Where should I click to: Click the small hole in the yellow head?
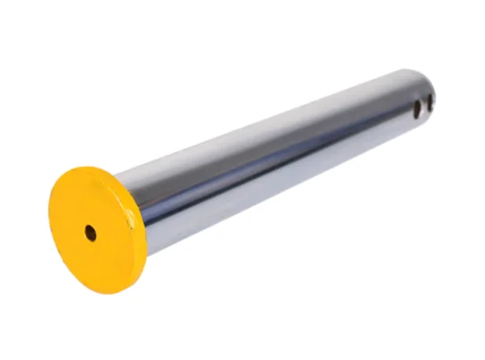91,233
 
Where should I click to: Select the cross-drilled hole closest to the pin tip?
430,102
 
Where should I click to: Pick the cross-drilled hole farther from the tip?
417,109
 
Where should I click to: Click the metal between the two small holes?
424,106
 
